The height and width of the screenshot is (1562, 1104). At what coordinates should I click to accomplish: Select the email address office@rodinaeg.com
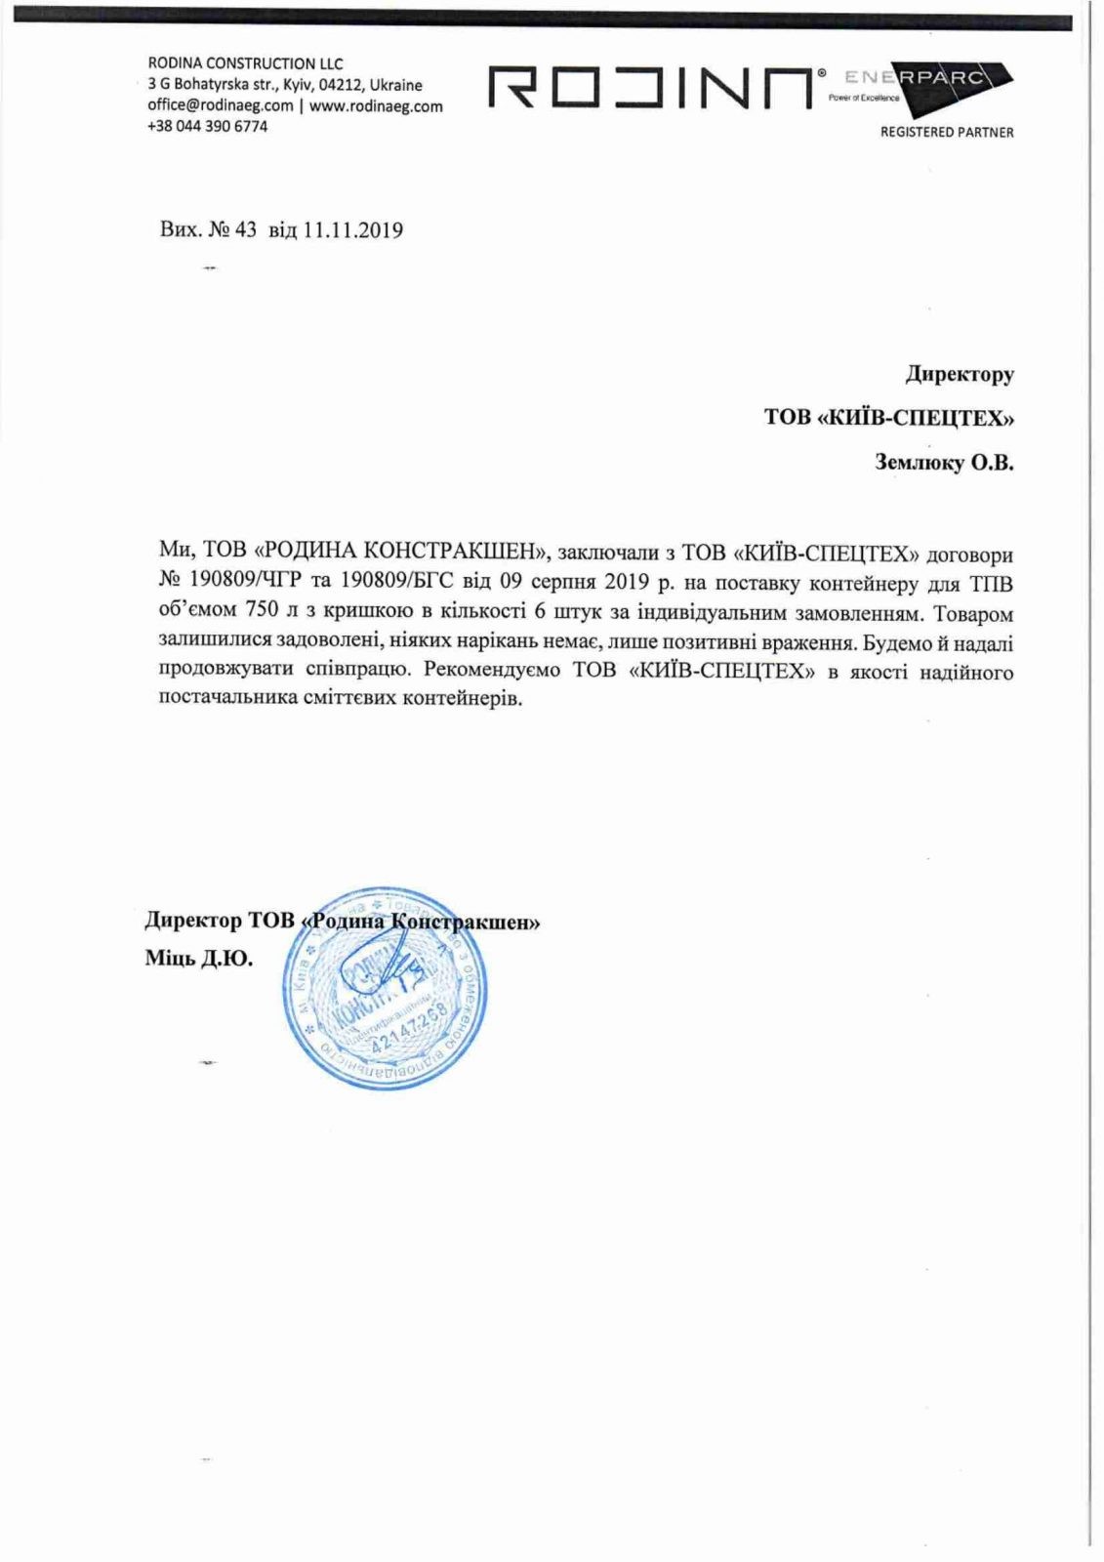[x=221, y=105]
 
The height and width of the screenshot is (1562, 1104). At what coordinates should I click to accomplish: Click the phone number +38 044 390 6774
[x=207, y=126]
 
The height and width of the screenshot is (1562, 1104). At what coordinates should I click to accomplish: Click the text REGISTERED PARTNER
[x=946, y=132]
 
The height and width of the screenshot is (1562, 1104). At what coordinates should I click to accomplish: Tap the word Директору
[x=960, y=373]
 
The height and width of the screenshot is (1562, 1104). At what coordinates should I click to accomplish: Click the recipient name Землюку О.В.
[x=944, y=463]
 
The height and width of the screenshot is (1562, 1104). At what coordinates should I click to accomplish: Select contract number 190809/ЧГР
[x=248, y=584]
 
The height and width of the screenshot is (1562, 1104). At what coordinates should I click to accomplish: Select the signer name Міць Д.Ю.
[x=199, y=959]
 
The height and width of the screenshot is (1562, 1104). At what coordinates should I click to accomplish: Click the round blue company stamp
[x=384, y=988]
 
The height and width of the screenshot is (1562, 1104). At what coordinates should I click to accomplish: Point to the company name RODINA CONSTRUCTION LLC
[x=245, y=63]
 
